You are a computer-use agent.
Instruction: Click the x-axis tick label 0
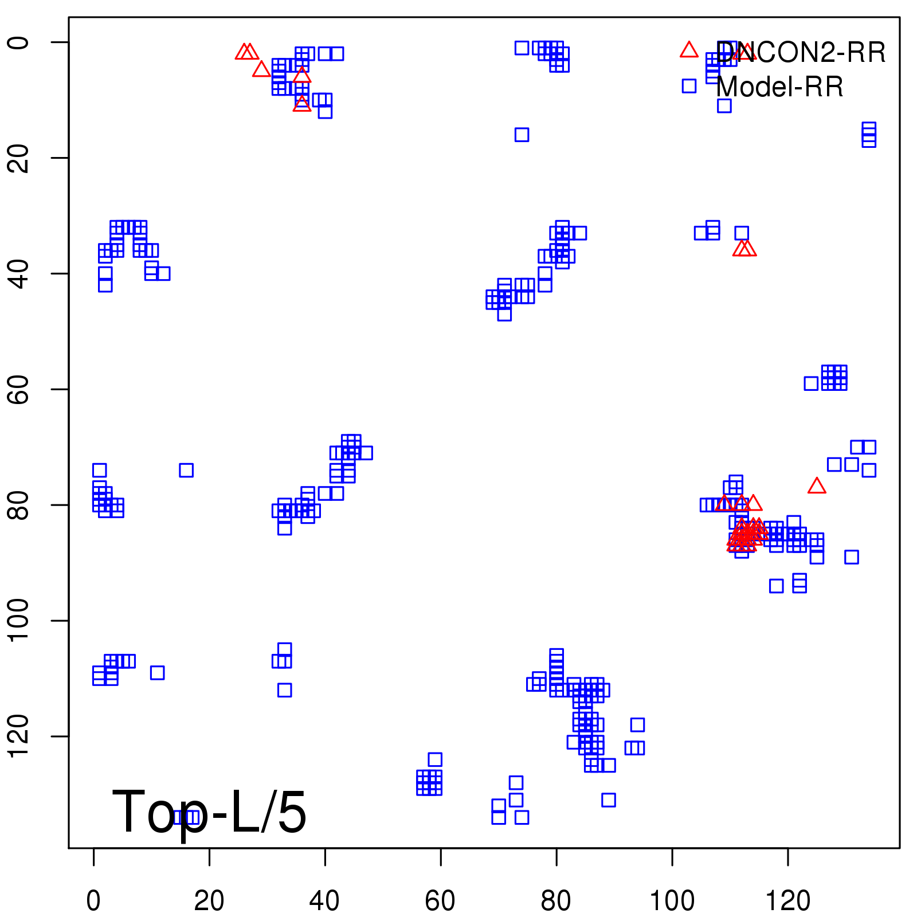point(93,901)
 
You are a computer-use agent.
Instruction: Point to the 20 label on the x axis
point(209,901)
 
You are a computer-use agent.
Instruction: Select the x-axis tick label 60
point(440,901)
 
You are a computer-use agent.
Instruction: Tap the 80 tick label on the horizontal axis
point(556,901)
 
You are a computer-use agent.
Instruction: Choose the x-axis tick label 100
point(672,901)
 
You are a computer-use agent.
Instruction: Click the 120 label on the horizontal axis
point(787,901)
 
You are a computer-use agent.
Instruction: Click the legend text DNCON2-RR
point(801,53)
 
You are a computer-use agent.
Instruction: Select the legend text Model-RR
point(779,87)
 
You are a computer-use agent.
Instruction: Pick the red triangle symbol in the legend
point(689,50)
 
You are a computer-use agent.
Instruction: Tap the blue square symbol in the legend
point(689,86)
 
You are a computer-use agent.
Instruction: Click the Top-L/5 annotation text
point(209,812)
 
